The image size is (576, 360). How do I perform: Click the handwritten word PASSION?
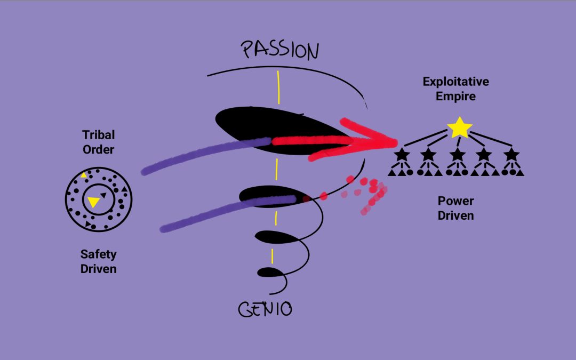click(280, 51)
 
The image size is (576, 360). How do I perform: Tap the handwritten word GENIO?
click(265, 309)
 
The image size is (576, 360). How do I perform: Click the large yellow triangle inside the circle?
click(93, 202)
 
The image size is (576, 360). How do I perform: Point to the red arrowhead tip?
click(396, 142)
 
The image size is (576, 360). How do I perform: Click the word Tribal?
click(98, 135)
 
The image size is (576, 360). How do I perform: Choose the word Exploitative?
click(455, 82)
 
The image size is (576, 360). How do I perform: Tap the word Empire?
click(455, 97)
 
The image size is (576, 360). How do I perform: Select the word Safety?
click(98, 254)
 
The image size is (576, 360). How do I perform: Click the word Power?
click(455, 201)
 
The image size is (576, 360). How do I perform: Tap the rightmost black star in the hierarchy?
click(511, 155)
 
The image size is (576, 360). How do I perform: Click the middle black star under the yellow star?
click(456, 155)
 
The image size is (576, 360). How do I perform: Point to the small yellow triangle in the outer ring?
click(84, 175)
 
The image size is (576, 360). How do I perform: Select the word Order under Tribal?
click(98, 149)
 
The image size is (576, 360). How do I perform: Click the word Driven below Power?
click(455, 215)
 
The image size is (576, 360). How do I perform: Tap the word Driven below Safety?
click(98, 269)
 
